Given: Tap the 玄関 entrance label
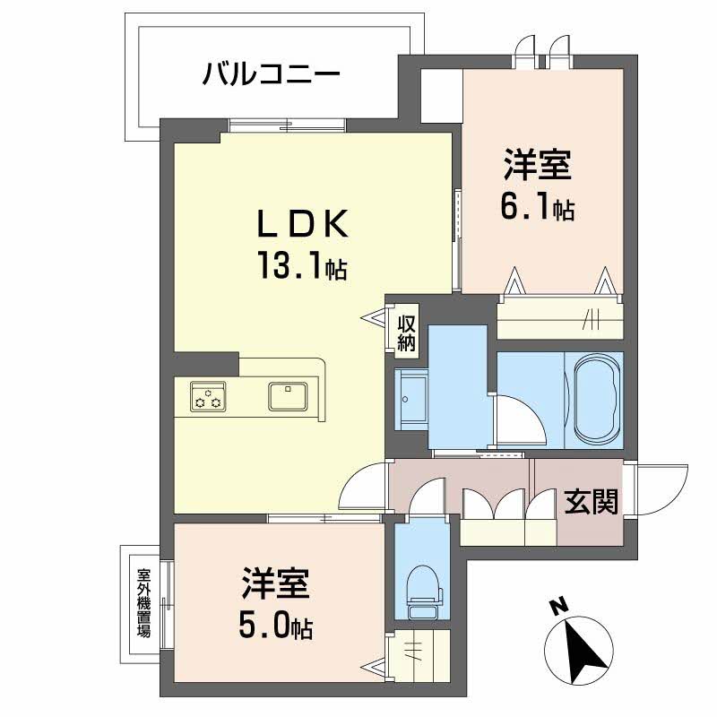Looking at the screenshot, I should [x=591, y=504].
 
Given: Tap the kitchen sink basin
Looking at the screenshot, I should [x=287, y=395].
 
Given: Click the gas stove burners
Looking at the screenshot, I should [x=208, y=396].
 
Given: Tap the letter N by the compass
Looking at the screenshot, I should [x=557, y=607].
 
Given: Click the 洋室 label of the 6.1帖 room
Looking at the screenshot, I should [x=537, y=168].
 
